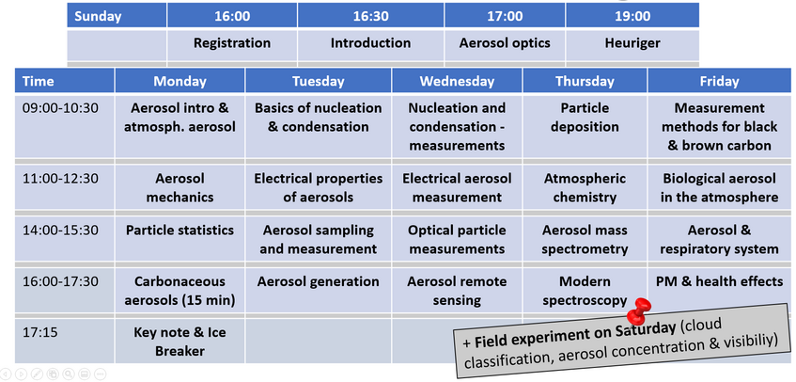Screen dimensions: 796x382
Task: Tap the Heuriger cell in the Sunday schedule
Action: click(x=632, y=43)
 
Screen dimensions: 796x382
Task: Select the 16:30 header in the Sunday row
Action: click(x=370, y=16)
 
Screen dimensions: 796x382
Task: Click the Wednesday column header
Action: click(x=457, y=81)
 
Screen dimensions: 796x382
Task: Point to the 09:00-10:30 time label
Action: click(x=60, y=108)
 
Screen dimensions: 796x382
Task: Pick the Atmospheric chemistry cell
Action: click(x=585, y=188)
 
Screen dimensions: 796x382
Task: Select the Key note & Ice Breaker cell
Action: click(x=179, y=342)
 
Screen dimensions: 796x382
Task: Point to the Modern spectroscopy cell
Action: click(x=585, y=291)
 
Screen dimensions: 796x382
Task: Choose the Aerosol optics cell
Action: click(x=505, y=43)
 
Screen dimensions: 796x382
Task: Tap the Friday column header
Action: click(x=719, y=81)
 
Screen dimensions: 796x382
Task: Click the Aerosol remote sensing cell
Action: click(x=457, y=291)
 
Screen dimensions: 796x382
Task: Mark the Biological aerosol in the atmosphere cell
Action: click(x=719, y=188)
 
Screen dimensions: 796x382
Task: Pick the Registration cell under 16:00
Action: click(x=232, y=43)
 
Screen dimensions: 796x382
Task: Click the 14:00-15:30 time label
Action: click(x=60, y=231)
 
